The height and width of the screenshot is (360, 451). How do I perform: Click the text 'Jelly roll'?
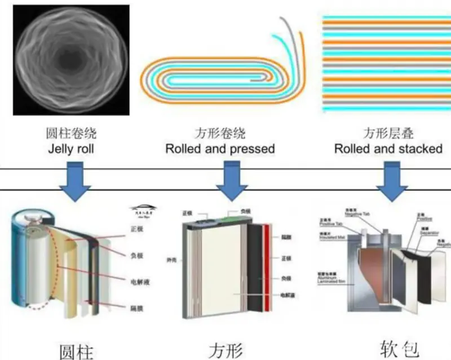[71, 149]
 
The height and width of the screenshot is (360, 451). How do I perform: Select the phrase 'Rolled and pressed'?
[220, 149]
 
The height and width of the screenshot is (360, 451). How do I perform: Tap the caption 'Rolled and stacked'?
[388, 149]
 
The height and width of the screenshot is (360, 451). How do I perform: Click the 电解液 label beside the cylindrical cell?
[136, 279]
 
